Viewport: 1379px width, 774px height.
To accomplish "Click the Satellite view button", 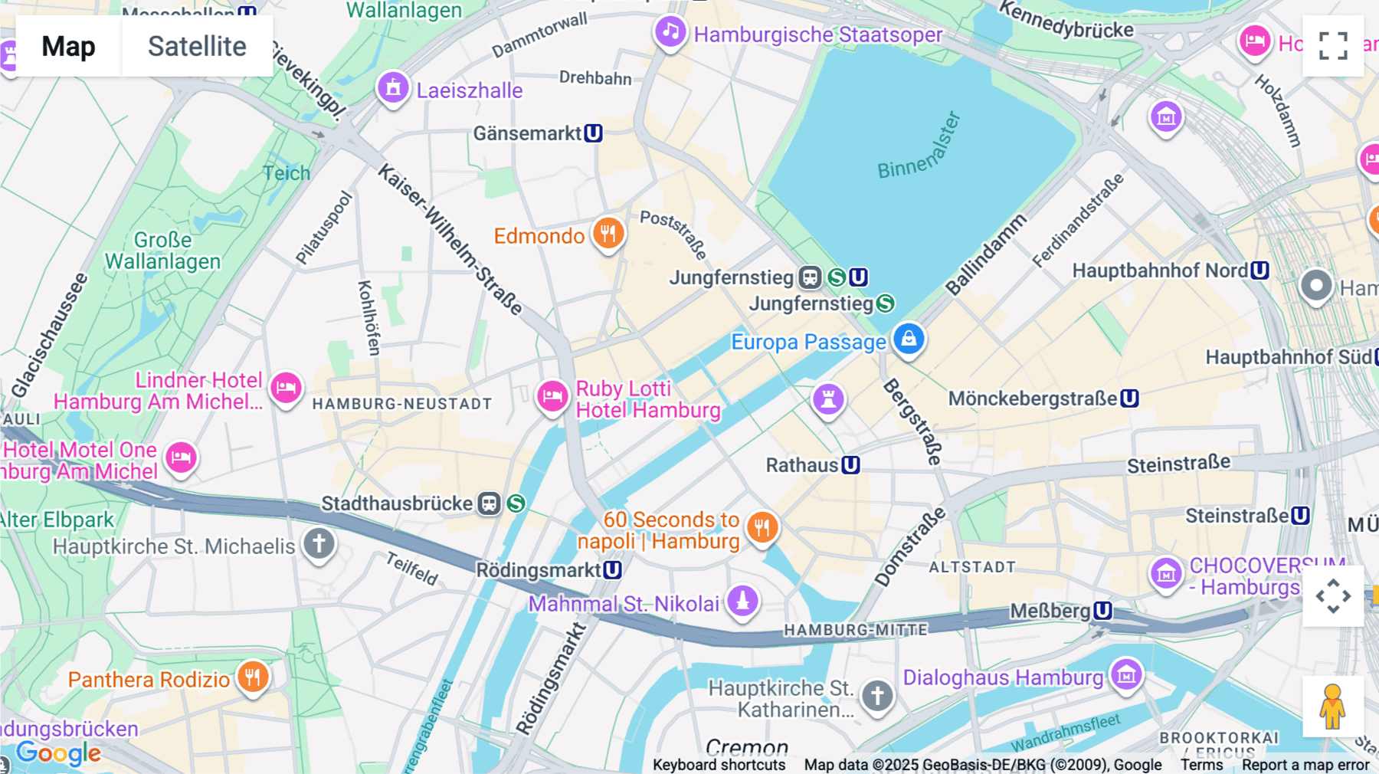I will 197,46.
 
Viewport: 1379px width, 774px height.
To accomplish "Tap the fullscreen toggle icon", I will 1333,46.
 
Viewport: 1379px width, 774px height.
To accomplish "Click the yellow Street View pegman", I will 1332,707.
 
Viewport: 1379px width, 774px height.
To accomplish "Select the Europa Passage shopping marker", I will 909,339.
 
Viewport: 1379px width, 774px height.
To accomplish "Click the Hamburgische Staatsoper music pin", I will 670,32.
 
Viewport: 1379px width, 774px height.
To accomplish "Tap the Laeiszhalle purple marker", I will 393,88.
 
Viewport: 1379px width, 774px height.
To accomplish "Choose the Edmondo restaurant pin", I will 608,233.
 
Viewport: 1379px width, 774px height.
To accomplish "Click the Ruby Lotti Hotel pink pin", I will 552,396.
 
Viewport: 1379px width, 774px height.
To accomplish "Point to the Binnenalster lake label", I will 918,146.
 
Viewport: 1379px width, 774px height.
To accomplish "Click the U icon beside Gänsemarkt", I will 593,133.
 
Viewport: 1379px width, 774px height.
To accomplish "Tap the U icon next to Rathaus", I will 850,465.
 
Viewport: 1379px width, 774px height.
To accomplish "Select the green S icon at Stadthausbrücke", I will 516,503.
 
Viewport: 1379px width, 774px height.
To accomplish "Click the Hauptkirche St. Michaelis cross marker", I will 319,543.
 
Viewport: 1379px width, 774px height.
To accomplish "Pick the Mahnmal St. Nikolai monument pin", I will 742,601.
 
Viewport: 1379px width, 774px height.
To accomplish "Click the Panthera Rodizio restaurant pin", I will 253,677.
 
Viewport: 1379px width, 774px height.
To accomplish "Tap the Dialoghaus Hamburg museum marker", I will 1126,674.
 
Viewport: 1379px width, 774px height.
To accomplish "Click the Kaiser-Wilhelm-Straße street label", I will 450,239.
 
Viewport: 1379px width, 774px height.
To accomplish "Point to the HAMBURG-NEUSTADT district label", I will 402,404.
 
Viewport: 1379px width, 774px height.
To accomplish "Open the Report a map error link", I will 1305,765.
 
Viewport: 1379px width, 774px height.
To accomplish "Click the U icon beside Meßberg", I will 1102,610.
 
